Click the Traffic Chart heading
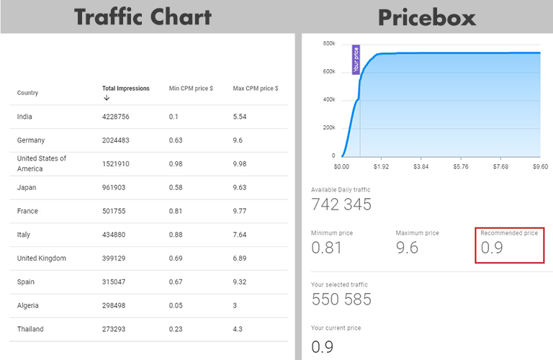(x=143, y=16)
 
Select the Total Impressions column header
(x=126, y=89)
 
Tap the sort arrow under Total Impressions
(x=107, y=98)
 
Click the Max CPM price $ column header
(x=256, y=89)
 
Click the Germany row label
(x=31, y=140)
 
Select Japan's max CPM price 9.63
(x=240, y=187)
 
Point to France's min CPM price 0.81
(x=176, y=211)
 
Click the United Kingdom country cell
(x=42, y=258)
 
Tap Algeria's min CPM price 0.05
(x=176, y=305)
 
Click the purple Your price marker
(x=356, y=60)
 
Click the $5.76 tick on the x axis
(x=461, y=166)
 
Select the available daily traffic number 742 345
(x=341, y=204)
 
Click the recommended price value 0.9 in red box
(x=493, y=248)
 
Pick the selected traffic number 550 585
(x=341, y=299)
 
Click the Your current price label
(x=336, y=328)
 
